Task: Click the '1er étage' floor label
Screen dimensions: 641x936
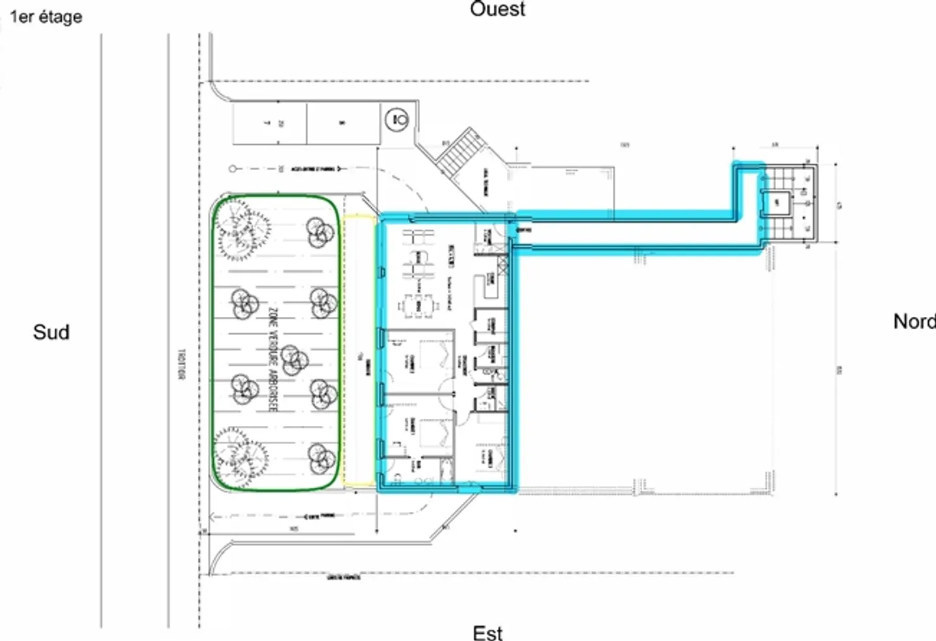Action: coord(45,16)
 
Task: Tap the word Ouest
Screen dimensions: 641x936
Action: coord(497,9)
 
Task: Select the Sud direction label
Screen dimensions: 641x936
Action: coord(51,332)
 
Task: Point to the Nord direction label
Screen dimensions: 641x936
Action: coord(913,321)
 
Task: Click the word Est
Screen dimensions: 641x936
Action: coord(487,632)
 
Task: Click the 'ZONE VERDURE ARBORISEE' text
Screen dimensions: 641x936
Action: coord(272,359)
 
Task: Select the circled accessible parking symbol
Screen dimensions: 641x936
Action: coord(396,119)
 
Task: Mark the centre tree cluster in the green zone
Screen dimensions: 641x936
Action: coord(293,357)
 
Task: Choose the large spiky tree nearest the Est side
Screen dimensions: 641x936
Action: coord(240,454)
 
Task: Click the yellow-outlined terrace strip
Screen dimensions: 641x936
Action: coord(359,351)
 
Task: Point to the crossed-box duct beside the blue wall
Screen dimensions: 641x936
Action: coord(502,262)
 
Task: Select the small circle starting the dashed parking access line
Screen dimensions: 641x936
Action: coord(233,169)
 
